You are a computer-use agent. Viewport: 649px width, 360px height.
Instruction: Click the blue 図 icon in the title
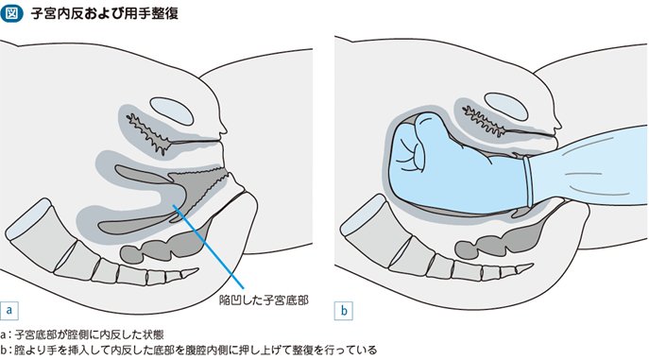coord(11,13)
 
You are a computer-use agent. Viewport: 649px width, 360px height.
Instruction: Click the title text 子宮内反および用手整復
coord(104,13)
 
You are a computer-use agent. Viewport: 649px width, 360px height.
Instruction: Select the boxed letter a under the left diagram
coord(9,310)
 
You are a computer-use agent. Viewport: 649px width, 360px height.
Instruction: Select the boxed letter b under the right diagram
coord(344,311)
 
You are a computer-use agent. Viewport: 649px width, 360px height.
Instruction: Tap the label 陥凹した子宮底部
coord(264,300)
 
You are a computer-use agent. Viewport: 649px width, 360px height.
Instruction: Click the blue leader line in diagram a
coord(208,247)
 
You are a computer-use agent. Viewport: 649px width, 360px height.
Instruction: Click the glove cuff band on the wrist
coord(527,182)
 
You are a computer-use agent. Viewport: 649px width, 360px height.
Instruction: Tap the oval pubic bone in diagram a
coord(172,111)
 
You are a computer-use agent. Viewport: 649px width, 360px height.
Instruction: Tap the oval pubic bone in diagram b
coord(505,107)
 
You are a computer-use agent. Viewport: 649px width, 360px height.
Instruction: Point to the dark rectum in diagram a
coord(165,245)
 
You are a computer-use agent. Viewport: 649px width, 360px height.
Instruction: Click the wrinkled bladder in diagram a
coord(151,132)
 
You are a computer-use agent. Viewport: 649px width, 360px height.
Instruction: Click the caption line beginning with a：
coord(82,334)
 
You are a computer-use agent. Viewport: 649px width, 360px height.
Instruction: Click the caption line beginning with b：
coord(189,350)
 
